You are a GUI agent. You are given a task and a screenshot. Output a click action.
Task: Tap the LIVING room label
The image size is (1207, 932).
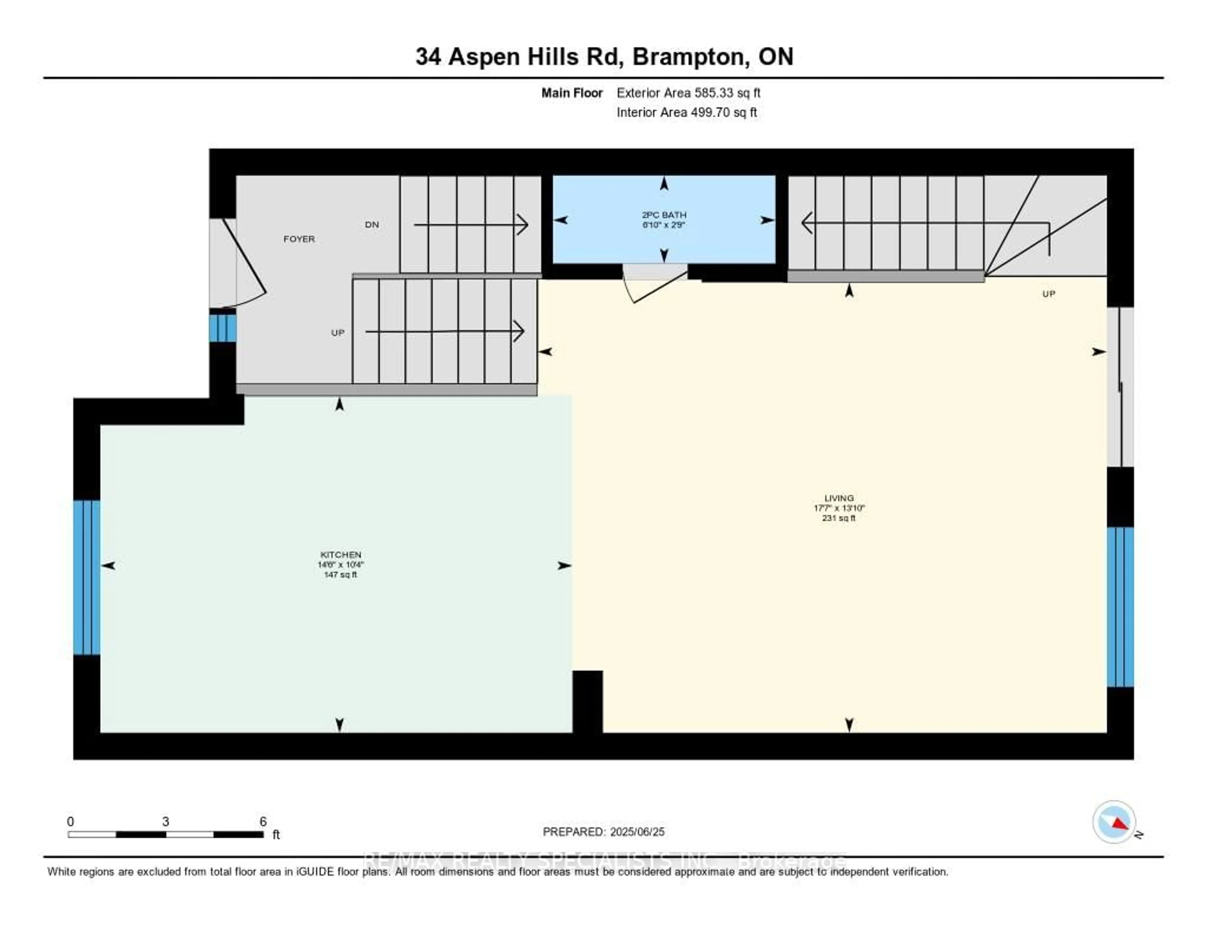[x=838, y=498]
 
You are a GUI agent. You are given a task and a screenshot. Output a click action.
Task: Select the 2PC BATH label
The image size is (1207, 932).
[x=664, y=215]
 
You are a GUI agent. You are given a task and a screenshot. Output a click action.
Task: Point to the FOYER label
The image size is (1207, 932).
[x=299, y=239]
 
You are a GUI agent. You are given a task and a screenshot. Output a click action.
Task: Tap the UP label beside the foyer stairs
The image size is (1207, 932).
[x=338, y=332]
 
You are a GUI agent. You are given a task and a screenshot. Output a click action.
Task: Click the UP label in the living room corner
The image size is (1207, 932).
[x=1048, y=294]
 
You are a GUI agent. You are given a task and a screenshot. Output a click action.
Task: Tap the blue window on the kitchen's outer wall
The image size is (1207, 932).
[x=87, y=577]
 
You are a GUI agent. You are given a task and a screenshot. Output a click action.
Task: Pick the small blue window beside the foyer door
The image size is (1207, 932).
[x=223, y=328]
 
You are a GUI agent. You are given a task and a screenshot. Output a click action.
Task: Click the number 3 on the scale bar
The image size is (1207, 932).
[x=165, y=821]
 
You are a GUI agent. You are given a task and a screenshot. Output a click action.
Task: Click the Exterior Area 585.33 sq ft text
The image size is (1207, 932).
[x=688, y=93]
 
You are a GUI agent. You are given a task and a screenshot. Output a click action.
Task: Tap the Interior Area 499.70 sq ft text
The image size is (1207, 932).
[x=686, y=113]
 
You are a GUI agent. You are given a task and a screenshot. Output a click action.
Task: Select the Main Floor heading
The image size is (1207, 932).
[x=571, y=93]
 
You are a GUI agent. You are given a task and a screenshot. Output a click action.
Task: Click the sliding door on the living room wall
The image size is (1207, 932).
[x=1120, y=387]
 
